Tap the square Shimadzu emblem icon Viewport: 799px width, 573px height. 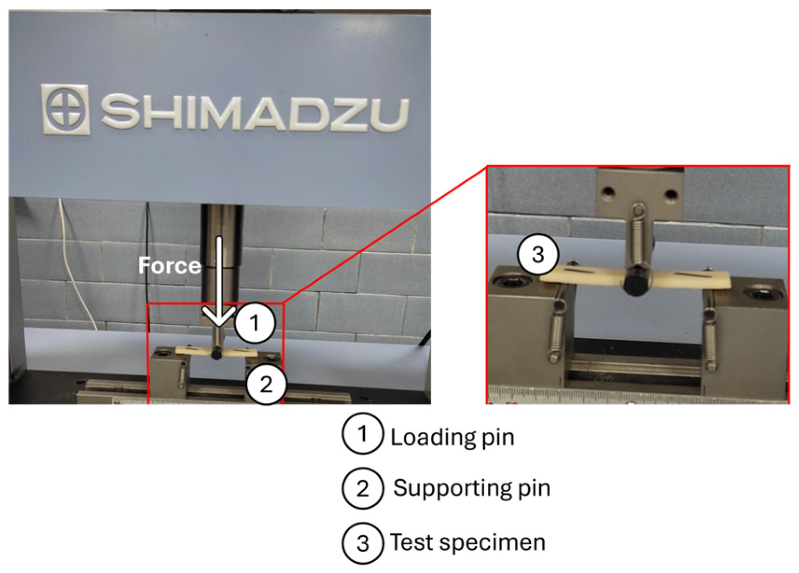65,109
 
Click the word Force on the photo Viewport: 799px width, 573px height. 170,266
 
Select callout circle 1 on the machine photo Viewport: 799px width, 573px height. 254,323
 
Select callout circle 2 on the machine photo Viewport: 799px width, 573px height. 266,384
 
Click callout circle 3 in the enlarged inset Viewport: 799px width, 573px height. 538,255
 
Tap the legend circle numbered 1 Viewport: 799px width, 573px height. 362,434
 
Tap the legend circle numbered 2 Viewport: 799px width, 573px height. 362,489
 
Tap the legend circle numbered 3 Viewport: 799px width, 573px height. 362,543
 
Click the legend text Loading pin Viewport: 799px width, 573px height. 452,437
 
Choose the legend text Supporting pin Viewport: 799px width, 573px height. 471,488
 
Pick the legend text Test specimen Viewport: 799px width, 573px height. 467,542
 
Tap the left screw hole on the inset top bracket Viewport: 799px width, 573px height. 609,191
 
